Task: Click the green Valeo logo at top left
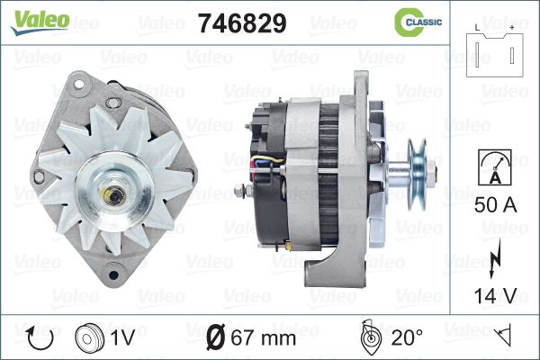(40, 22)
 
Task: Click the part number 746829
(242, 23)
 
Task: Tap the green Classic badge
(418, 22)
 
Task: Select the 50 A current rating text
(496, 205)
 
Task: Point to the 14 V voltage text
(496, 295)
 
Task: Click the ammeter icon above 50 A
(495, 167)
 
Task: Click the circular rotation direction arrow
(40, 338)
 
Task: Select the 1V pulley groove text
(122, 337)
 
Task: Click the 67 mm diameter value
(264, 338)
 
